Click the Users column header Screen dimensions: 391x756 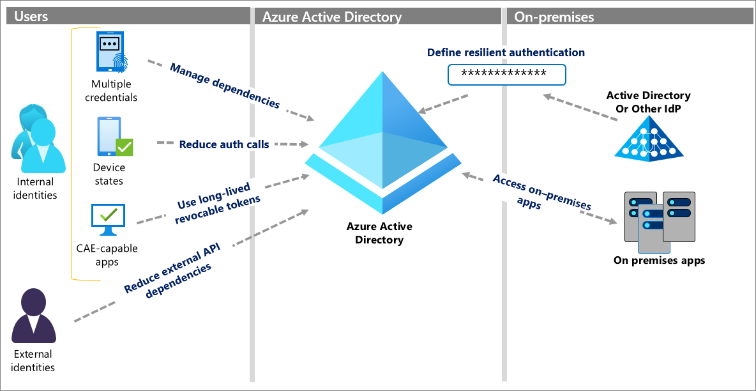click(31, 17)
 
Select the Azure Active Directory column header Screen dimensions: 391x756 click(332, 17)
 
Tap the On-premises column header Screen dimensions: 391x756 click(554, 17)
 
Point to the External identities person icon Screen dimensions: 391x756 click(34, 317)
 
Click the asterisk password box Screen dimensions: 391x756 click(506, 74)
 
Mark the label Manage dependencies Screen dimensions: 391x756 click(224, 85)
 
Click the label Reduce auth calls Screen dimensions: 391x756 click(223, 144)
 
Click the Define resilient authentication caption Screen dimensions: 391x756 click(506, 52)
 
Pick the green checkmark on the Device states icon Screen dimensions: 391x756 click(124, 148)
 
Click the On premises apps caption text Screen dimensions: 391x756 click(659, 260)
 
